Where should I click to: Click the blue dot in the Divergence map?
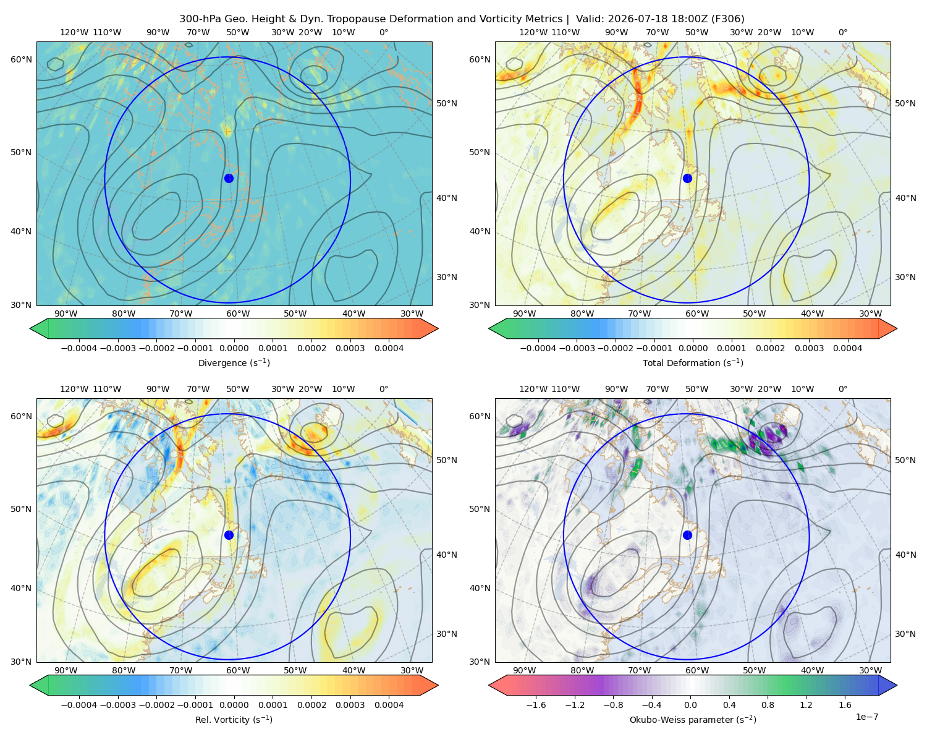tap(229, 178)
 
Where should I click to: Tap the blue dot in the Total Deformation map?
tap(687, 178)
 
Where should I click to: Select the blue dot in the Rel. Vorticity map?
tap(229, 535)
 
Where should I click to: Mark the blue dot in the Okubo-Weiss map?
tap(687, 535)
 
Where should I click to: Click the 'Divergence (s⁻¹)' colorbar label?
tap(234, 362)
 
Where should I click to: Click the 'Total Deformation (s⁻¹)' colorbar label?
tap(693, 362)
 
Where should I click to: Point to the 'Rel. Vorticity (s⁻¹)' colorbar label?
tap(234, 719)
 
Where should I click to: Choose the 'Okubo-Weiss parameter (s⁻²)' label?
tap(693, 719)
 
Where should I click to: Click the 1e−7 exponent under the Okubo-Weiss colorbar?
tap(866, 717)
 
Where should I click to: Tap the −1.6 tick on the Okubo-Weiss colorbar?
tap(536, 704)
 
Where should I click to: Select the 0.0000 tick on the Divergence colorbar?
tap(234, 348)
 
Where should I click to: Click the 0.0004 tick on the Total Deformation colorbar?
tap(848, 348)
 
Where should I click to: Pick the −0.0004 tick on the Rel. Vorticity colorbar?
tap(79, 704)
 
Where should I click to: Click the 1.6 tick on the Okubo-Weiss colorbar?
tap(845, 704)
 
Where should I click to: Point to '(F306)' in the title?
tap(727, 19)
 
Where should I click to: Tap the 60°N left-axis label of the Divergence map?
tap(21, 59)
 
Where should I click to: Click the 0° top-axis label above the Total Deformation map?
tap(842, 32)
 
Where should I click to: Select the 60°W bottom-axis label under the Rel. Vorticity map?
tap(238, 670)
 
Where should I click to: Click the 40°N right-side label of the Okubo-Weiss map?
tap(905, 555)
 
